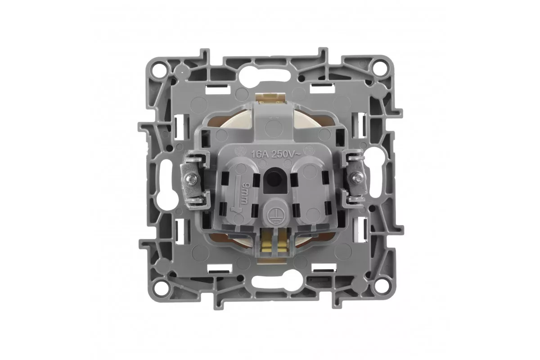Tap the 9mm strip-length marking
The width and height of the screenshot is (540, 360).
[243, 193]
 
